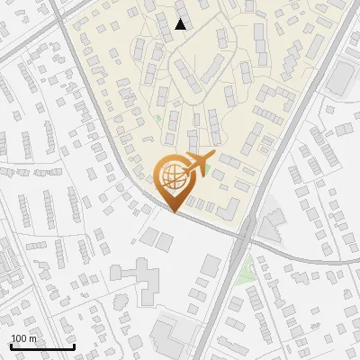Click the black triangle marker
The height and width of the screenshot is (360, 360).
pos(181,24)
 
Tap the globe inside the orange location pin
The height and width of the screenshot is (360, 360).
pos(173,176)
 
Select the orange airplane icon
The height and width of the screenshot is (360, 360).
pos(198,164)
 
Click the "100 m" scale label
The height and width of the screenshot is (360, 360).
pos(23,338)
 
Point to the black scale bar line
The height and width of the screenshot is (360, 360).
pos(41,346)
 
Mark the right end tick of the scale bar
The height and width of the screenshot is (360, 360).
pos(73,345)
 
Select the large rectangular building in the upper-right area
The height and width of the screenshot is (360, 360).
pos(340,79)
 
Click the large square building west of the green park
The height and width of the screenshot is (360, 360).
pos(211,265)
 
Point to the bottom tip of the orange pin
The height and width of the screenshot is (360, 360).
pos(173,211)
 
